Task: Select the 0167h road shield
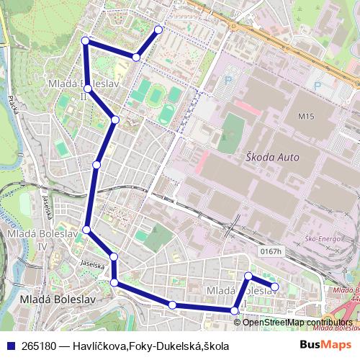(x=270, y=251)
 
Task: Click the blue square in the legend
(x=11, y=346)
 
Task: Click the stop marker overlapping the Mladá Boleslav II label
(x=87, y=89)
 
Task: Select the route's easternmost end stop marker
(x=274, y=287)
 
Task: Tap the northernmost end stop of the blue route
(x=159, y=29)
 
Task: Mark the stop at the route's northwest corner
(x=85, y=40)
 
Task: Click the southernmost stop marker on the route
(x=234, y=310)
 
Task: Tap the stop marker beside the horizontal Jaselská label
(x=114, y=257)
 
